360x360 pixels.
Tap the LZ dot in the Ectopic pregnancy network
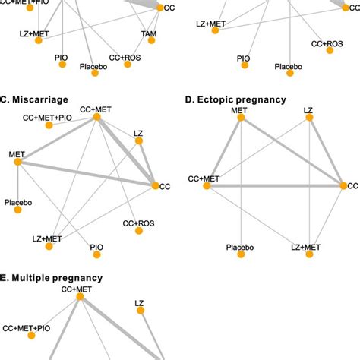click(x=308, y=122)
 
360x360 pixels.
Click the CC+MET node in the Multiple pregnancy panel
click(x=78, y=298)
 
